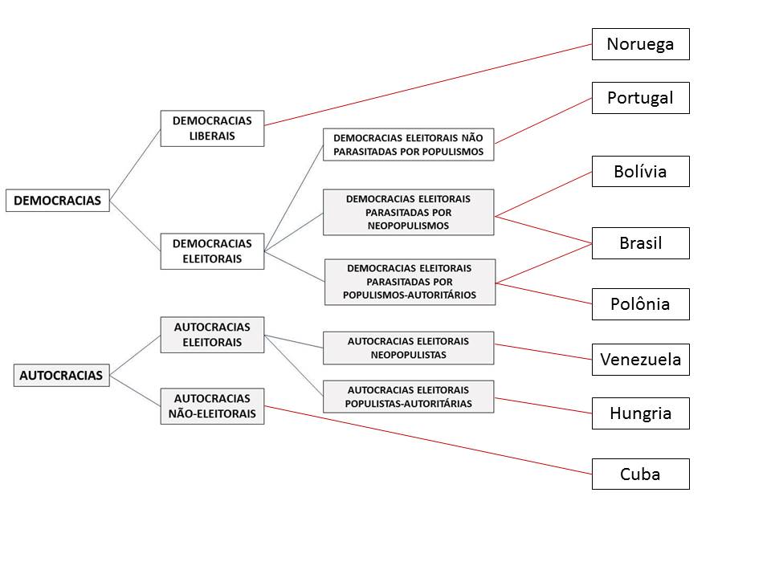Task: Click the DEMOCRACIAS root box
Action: point(58,201)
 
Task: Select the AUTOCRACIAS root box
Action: point(61,375)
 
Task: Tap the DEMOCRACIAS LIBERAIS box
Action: point(212,128)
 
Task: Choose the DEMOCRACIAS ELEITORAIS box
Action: point(212,251)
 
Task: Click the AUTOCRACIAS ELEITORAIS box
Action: point(212,335)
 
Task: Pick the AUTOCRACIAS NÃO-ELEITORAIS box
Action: point(212,406)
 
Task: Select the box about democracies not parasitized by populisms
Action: point(409,144)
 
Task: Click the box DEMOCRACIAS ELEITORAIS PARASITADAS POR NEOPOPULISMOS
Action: point(409,212)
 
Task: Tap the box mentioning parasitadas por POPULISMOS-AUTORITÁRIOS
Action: point(410,282)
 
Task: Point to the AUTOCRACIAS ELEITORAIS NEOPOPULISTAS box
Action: point(409,348)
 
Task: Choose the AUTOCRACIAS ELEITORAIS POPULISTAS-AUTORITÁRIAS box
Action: point(409,397)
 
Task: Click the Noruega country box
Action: point(640,44)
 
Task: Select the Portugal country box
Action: point(640,98)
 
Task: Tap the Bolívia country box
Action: point(640,171)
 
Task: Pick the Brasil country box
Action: point(640,243)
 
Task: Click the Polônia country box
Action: point(640,304)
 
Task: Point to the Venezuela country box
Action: point(640,360)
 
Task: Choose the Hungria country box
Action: point(640,413)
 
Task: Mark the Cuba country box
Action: point(640,474)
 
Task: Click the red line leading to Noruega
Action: point(428,84)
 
